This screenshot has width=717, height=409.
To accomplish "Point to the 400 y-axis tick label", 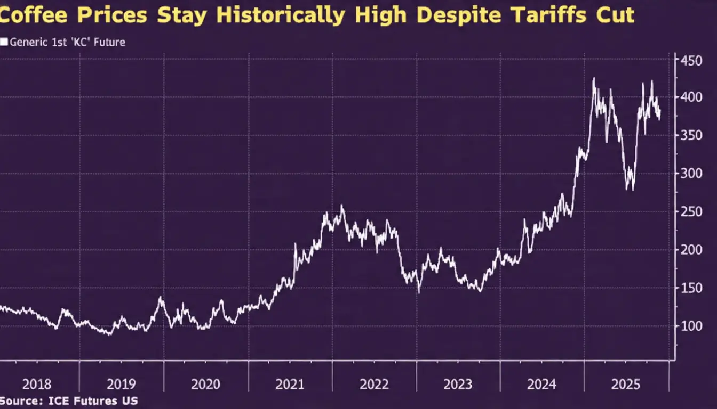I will [692, 97].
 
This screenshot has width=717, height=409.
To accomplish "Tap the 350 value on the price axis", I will [692, 136].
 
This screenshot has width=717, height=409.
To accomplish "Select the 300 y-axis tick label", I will [692, 174].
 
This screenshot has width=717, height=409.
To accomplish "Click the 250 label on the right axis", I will [692, 212].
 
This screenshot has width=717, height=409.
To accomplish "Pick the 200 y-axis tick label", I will [692, 250].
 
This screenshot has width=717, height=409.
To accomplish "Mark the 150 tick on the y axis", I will [692, 288].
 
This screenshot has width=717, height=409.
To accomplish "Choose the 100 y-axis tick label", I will [692, 326].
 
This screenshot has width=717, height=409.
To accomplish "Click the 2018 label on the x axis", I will [37, 384].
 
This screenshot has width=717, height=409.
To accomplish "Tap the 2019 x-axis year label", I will [121, 384].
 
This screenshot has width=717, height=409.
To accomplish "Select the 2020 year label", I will [205, 384].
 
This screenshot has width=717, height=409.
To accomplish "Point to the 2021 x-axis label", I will [290, 384].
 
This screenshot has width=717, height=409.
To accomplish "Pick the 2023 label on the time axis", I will [458, 384].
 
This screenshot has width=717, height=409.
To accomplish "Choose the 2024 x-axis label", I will [541, 384].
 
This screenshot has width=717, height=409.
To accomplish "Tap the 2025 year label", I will [625, 384].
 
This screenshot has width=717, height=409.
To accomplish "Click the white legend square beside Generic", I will [4, 42].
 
